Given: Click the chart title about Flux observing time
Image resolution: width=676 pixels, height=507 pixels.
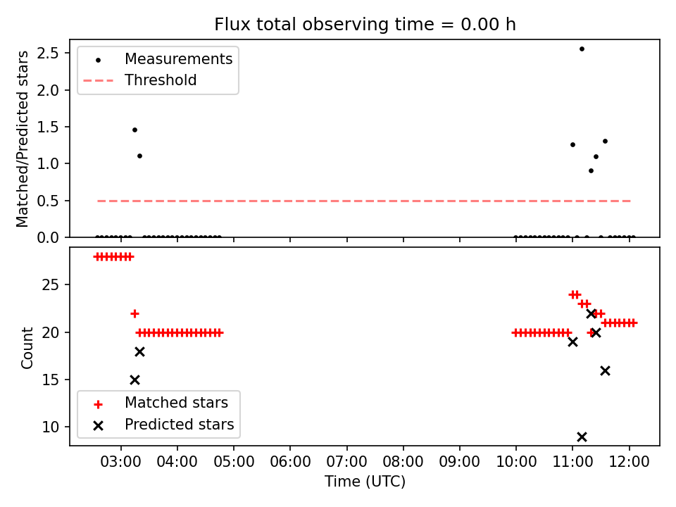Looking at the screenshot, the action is point(365,24).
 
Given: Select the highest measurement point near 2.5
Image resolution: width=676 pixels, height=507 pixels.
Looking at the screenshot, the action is point(582,49).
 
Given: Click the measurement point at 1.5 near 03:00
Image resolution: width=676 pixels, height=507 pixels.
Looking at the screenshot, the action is point(134,130).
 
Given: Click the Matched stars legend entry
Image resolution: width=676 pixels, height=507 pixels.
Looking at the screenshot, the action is point(161,403).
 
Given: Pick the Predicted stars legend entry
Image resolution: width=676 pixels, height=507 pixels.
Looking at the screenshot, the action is point(163,425).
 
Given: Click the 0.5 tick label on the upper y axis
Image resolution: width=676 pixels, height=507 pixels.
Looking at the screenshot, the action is point(48,201).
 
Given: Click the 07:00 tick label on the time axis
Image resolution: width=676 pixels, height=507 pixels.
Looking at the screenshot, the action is point(346,462).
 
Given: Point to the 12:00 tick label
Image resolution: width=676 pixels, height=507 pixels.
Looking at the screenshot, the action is point(629,462).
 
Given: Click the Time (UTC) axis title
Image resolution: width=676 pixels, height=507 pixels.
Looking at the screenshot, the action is point(365,481).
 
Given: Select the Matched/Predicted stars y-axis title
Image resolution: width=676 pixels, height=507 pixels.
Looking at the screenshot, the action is point(22,139).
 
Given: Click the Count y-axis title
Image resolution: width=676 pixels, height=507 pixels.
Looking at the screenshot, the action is point(27,348).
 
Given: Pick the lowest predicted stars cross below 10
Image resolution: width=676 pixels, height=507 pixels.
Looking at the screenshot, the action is point(582,437).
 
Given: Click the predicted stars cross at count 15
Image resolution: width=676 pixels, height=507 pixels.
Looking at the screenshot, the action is point(134,380).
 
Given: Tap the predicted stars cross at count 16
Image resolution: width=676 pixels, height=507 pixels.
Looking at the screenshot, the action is point(606,371).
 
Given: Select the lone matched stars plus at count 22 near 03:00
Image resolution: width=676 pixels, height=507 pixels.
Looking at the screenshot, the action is point(134,313).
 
